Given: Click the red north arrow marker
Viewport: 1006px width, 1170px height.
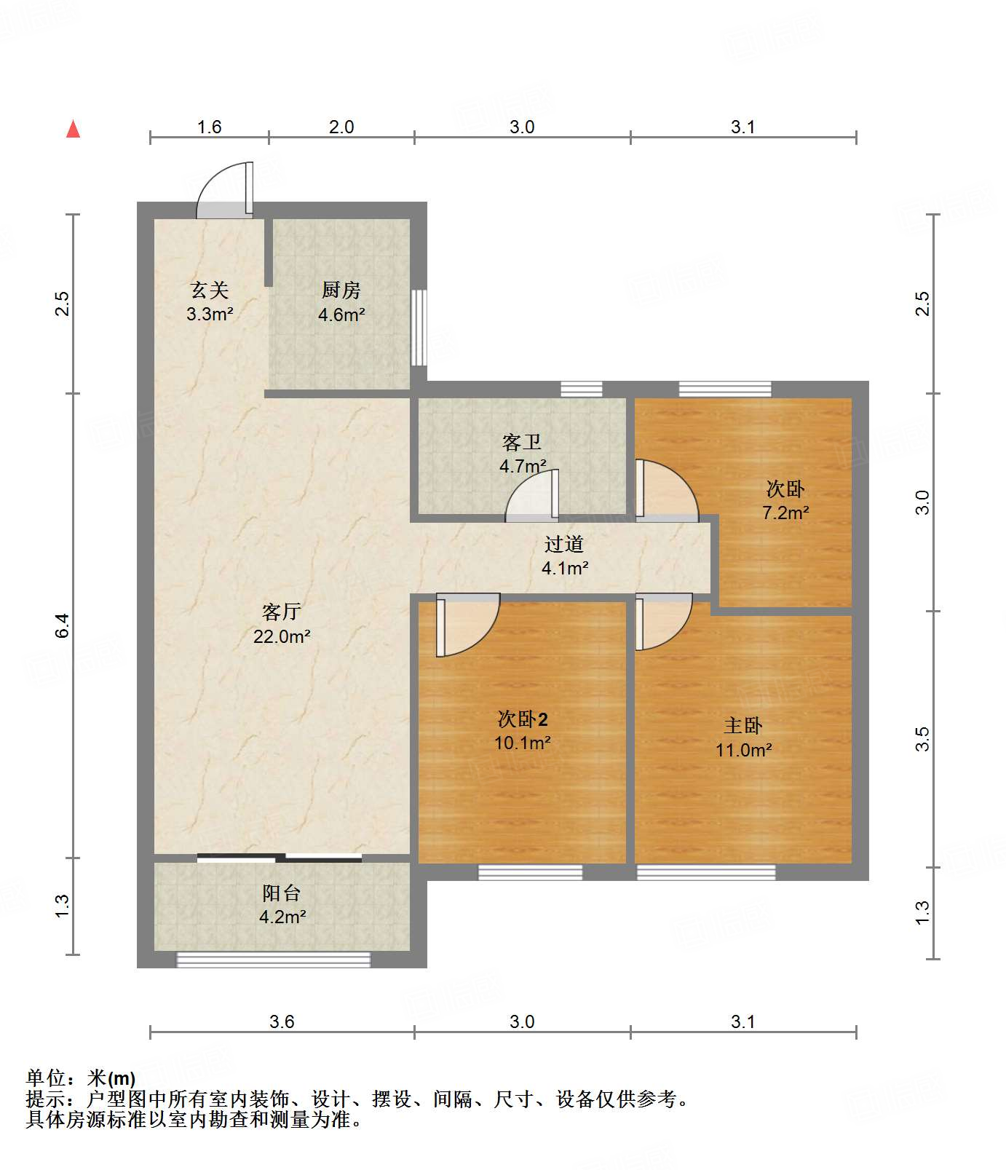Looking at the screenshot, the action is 73,129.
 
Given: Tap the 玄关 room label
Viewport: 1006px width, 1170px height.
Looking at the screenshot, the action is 210,290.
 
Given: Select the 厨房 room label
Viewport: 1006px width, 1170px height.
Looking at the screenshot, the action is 341,290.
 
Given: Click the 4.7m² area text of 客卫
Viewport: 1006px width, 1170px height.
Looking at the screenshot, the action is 523,466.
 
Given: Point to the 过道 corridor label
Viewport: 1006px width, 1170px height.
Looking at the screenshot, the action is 564,544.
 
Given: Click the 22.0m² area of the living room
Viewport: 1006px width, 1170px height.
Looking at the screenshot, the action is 282,636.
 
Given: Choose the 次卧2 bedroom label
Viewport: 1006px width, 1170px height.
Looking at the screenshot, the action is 523,719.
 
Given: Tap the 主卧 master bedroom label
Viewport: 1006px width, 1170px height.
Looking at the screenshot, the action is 743,726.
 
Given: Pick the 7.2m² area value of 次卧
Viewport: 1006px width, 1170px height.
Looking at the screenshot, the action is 786,513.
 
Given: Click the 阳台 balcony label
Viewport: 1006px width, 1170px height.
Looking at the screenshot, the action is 282,893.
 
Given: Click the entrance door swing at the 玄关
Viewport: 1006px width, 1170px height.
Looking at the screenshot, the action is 226,190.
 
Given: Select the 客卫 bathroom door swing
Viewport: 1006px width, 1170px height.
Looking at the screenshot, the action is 532,496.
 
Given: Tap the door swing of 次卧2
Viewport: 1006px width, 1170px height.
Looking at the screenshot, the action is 468,625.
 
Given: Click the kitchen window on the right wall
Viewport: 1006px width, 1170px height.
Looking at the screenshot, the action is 419,328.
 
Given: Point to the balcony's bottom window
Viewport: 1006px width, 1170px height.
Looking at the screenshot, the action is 274,960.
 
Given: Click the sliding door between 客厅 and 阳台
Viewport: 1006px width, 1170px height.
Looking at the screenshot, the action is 280,858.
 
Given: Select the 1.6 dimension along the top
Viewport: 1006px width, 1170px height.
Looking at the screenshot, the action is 210,127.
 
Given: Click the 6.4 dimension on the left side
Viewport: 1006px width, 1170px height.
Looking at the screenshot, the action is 63,626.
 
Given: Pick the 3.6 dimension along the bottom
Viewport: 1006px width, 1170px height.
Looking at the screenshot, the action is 282,1021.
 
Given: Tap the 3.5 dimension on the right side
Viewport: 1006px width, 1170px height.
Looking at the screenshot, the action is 922,739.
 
